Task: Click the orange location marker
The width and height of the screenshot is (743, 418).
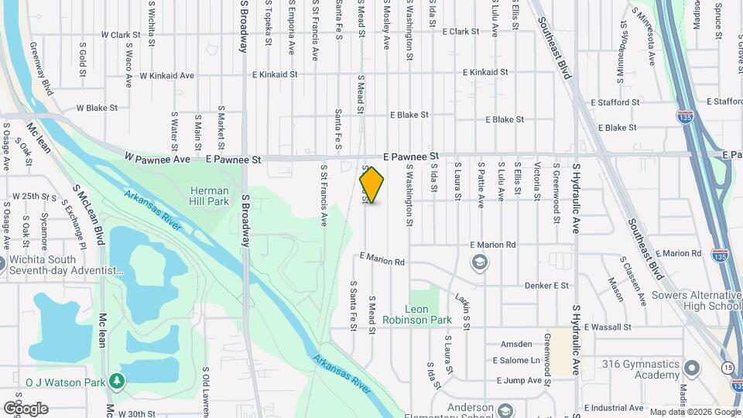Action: (x=371, y=186)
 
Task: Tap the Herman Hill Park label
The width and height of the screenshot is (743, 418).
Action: (x=210, y=196)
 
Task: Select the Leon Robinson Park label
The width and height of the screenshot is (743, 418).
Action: (x=428, y=314)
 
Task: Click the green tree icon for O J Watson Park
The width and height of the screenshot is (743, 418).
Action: (x=116, y=380)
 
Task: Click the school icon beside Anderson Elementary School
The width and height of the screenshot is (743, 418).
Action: (x=505, y=410)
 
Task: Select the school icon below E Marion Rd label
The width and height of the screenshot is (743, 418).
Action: (x=479, y=262)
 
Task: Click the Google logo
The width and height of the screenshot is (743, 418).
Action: (x=26, y=408)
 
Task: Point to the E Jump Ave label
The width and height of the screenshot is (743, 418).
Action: (x=518, y=380)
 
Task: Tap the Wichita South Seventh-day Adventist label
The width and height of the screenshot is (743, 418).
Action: (x=67, y=266)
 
